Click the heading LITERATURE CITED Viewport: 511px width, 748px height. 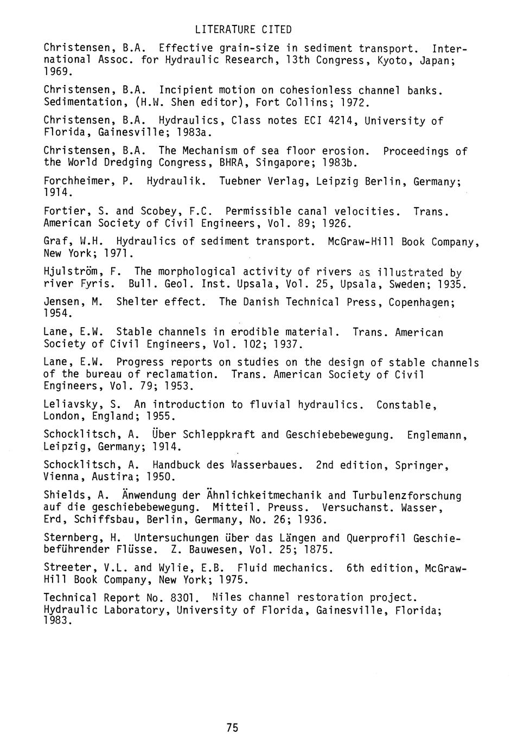243,29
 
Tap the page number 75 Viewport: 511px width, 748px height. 233,727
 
